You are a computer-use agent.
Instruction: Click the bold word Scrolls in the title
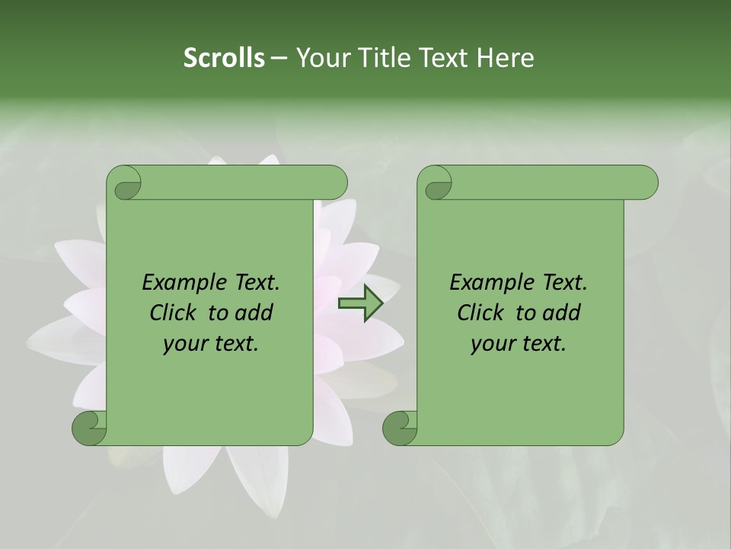(225, 58)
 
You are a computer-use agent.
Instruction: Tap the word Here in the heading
(505, 58)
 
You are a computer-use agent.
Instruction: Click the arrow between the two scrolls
(360, 303)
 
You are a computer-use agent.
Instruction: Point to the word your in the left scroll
(184, 344)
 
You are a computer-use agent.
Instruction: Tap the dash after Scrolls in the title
(279, 59)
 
